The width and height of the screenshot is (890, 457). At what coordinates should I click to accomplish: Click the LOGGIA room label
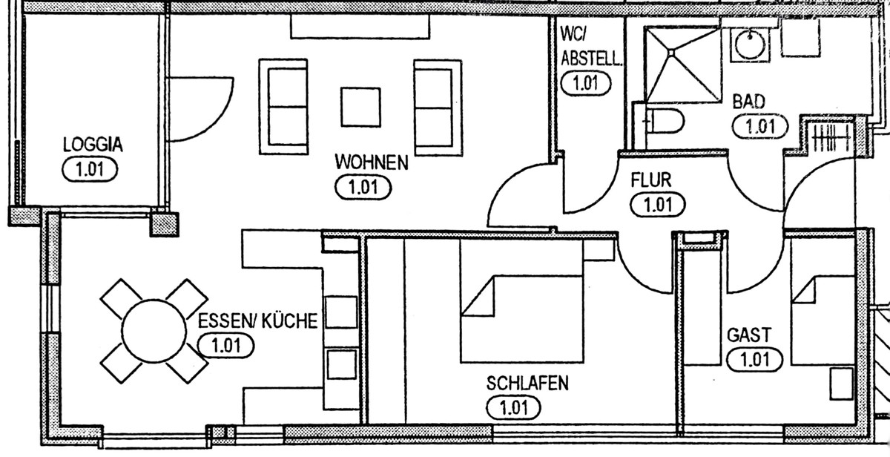(93, 145)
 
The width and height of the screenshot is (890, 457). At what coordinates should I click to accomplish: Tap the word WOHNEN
(372, 162)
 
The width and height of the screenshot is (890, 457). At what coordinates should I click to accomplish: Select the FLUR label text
(651, 180)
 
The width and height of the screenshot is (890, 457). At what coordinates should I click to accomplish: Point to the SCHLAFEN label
(527, 384)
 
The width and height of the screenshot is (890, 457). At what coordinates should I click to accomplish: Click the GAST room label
(749, 335)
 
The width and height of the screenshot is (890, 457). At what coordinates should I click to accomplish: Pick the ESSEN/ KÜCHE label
(258, 321)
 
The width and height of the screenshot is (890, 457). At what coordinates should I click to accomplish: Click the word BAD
(749, 102)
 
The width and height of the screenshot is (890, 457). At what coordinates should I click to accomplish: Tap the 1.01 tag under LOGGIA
(90, 170)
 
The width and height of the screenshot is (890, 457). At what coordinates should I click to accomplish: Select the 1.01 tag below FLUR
(658, 205)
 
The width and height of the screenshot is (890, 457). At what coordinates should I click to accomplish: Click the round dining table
(154, 331)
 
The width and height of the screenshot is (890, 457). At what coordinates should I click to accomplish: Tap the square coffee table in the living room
(360, 108)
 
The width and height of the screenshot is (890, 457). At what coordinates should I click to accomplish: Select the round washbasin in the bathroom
(749, 45)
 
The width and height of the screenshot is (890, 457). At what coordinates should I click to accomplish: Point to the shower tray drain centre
(671, 53)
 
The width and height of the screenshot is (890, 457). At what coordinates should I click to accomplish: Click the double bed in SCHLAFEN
(521, 300)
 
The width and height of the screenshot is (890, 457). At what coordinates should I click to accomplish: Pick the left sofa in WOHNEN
(283, 107)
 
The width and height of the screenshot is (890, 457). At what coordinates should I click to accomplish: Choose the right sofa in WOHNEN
(438, 108)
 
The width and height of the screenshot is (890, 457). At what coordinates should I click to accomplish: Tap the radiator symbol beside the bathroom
(831, 138)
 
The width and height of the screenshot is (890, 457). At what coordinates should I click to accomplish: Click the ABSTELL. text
(591, 59)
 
